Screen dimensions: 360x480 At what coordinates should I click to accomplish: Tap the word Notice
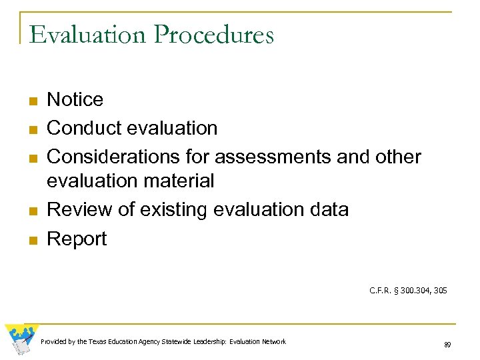click(75, 100)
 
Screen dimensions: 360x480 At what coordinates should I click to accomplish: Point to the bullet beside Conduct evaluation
click(31, 129)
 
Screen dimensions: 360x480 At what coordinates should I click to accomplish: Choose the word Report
click(77, 239)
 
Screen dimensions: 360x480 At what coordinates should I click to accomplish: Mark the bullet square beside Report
click(31, 240)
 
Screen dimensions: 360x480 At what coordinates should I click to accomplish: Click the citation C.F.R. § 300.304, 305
click(407, 290)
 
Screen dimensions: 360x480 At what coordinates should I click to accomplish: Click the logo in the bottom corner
click(21, 339)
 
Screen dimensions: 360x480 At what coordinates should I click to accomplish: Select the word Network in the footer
click(272, 341)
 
